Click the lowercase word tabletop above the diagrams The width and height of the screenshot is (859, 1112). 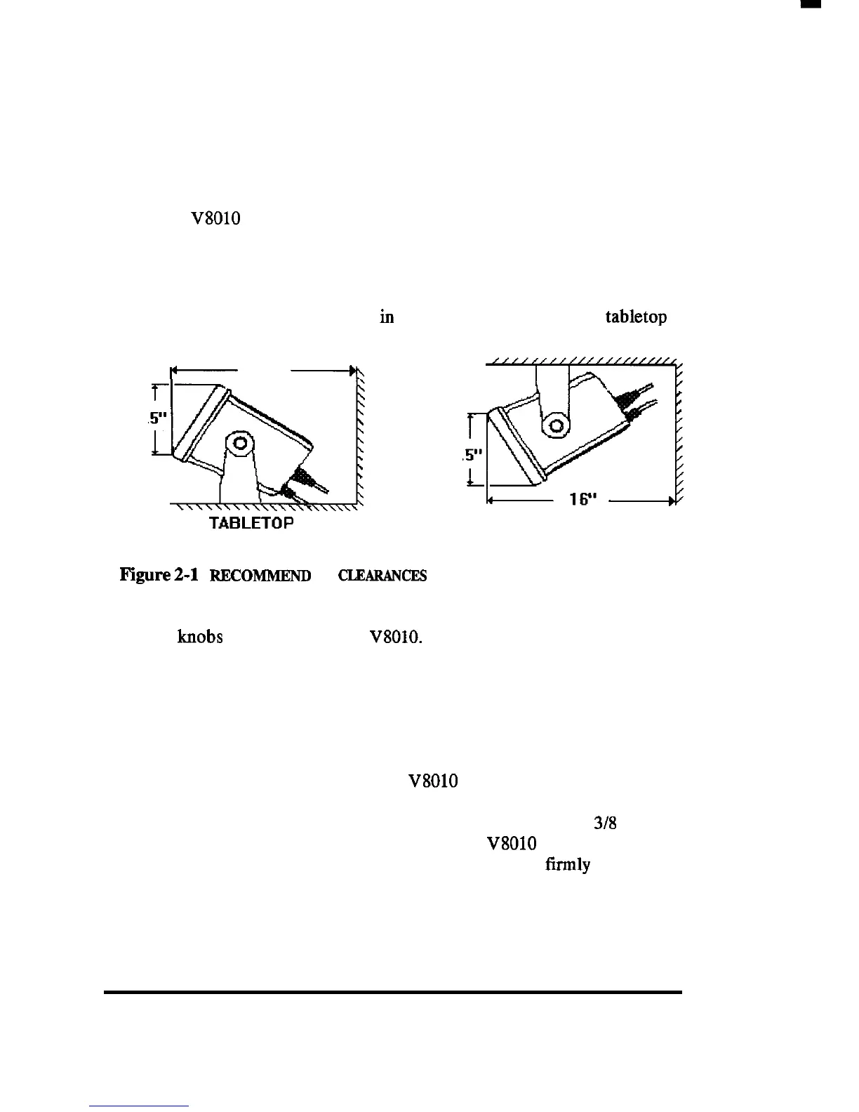coord(636,317)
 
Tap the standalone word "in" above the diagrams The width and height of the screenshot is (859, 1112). coord(387,317)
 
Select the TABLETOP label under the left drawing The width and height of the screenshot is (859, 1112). coord(251,522)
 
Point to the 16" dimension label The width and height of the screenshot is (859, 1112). coord(583,498)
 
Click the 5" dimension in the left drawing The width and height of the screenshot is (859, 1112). coord(158,418)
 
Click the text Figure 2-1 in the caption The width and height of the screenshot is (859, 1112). coord(159,575)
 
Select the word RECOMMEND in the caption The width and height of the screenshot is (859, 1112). coord(260,576)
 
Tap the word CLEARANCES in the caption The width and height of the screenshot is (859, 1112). coord(382,576)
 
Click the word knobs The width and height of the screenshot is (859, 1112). coord(200,637)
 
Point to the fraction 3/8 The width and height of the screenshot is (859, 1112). coord(605,823)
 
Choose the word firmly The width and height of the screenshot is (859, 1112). coord(568,865)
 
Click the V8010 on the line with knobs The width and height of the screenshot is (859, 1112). coord(396,637)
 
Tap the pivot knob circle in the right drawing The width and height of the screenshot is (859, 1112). coord(556,425)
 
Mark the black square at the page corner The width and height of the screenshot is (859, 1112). coord(811,4)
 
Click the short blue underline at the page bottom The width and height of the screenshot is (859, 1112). coord(139,1106)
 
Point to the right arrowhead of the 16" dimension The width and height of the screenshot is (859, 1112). coord(672,501)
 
